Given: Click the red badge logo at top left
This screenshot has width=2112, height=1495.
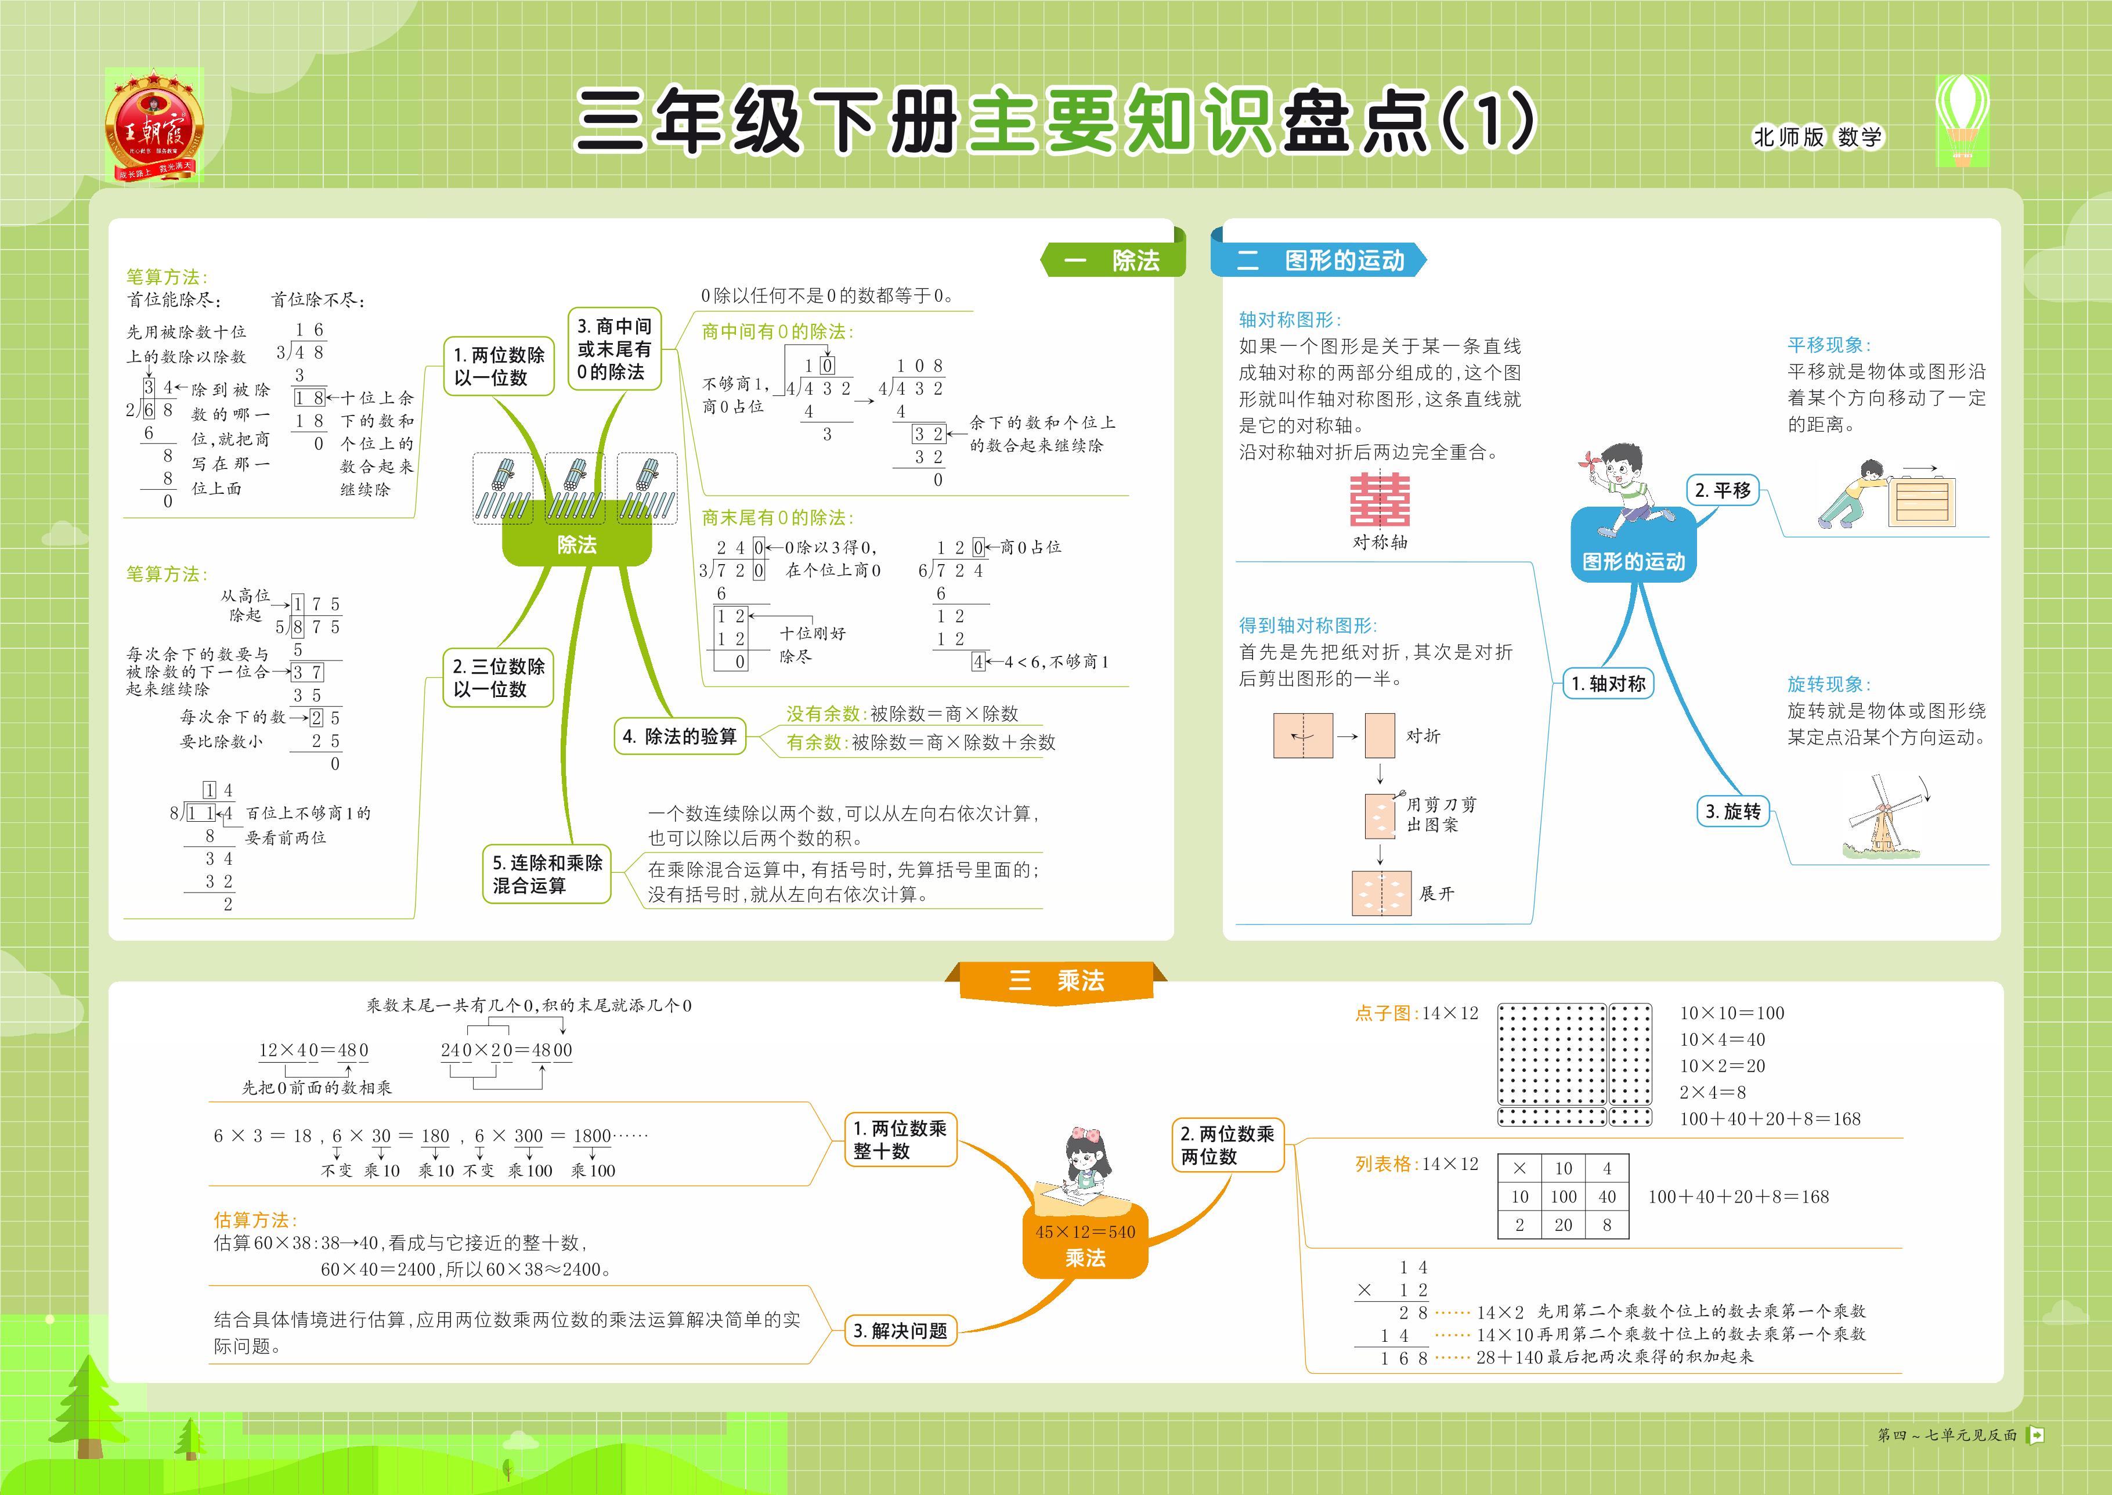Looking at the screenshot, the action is tap(154, 124).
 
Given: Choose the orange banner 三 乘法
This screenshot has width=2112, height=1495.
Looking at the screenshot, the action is tap(1056, 980).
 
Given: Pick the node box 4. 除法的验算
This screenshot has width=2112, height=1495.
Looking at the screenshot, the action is tap(680, 736).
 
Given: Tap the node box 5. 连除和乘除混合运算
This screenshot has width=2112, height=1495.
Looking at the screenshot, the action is tap(547, 873).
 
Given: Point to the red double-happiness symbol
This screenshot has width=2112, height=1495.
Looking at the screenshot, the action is tap(1379, 500).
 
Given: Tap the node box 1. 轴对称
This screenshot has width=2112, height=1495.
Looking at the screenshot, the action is tap(1608, 683).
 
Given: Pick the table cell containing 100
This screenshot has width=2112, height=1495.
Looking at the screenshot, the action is tap(1564, 1197).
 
